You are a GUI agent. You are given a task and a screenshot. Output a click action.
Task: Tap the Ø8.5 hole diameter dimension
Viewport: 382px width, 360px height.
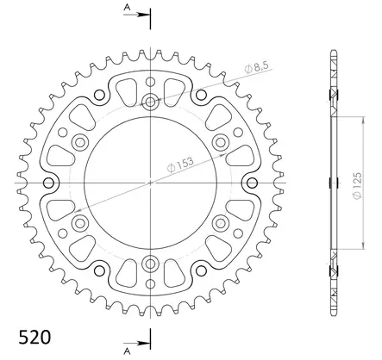coord(255,66)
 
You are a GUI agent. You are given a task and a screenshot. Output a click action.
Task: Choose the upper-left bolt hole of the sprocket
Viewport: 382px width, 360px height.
coord(82,143)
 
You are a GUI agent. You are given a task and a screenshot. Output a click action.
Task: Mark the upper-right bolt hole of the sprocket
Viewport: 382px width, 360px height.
coord(221,143)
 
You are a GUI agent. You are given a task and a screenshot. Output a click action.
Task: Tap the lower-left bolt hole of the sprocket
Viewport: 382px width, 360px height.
coord(82,223)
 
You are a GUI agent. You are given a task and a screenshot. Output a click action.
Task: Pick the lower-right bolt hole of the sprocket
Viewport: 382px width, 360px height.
coord(221,223)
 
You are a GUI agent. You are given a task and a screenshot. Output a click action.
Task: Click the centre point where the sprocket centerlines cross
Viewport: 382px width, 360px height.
coord(152,183)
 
